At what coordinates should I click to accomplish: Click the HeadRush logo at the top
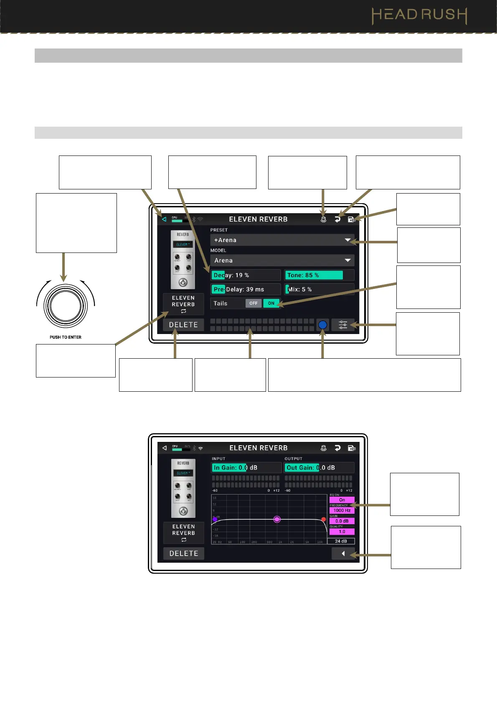[419, 15]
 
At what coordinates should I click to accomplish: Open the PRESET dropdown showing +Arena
[282, 240]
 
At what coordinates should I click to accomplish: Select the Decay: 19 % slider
[246, 275]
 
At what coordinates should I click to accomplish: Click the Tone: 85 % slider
[319, 275]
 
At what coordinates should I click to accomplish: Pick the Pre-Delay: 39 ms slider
[246, 289]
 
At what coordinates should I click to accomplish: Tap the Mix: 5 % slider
[319, 289]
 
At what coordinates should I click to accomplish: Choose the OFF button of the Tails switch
[254, 304]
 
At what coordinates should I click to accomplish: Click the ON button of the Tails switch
[271, 304]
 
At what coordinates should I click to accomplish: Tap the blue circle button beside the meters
[322, 325]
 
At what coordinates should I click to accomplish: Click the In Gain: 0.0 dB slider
[246, 468]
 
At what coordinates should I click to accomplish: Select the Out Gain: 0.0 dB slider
[319, 468]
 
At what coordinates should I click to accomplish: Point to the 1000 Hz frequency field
[342, 510]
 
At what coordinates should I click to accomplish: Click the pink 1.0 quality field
[342, 532]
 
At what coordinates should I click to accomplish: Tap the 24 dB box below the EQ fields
[341, 541]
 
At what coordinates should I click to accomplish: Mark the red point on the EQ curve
[323, 519]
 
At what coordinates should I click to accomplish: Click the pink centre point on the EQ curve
[277, 519]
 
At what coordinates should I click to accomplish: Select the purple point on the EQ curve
[215, 519]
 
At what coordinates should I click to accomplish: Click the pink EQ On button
[342, 500]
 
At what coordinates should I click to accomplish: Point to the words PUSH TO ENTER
[66, 337]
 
